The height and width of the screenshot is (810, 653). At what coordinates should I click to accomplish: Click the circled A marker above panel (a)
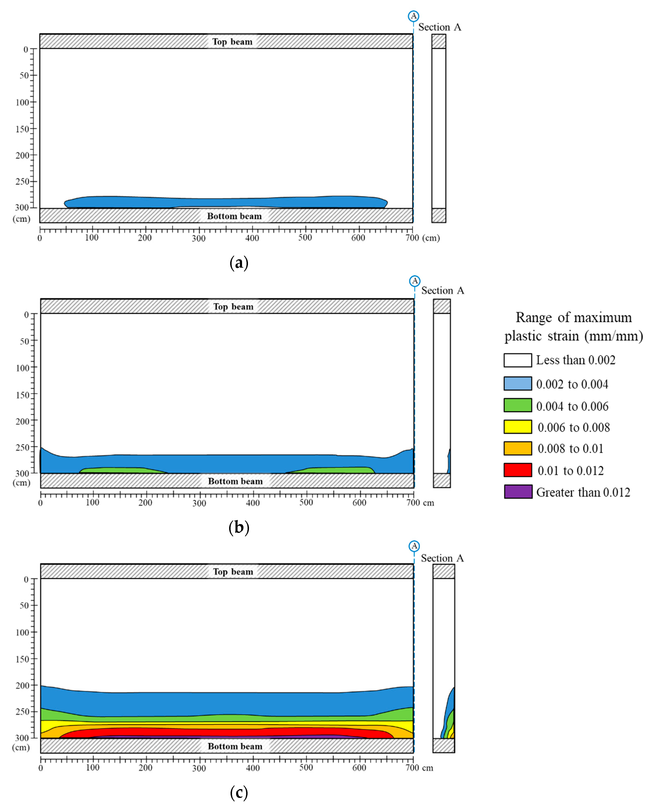coord(413,16)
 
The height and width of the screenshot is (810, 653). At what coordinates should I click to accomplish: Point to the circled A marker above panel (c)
coord(414,546)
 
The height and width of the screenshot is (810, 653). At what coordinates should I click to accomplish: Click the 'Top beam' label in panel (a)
coord(232,42)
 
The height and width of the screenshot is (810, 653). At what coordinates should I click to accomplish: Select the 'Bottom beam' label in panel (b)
coord(235,481)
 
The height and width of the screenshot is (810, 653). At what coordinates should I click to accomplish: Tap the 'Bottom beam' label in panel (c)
coord(235,746)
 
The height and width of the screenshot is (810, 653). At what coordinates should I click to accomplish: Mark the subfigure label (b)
coord(239,527)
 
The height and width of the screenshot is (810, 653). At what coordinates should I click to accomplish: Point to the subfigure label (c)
coord(239,793)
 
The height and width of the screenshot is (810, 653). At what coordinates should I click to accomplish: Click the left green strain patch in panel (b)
coord(120,470)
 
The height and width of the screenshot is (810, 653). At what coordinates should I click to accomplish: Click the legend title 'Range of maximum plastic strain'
coord(574,326)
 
